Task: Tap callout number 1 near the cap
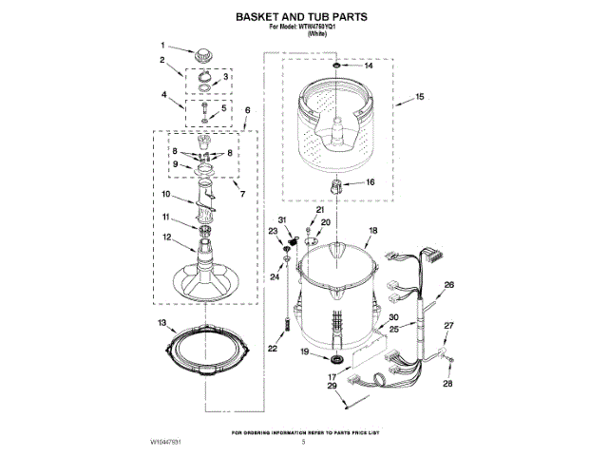[162, 45]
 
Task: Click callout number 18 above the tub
[372, 231]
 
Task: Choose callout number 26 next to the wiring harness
[449, 284]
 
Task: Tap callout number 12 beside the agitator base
[165, 237]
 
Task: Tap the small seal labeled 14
[338, 66]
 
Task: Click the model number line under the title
[303, 29]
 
